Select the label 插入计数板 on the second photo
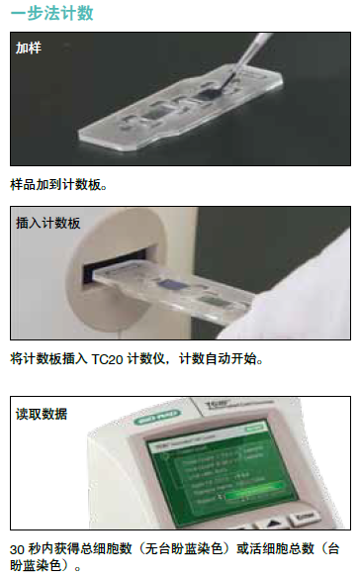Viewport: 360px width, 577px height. (x=48, y=223)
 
